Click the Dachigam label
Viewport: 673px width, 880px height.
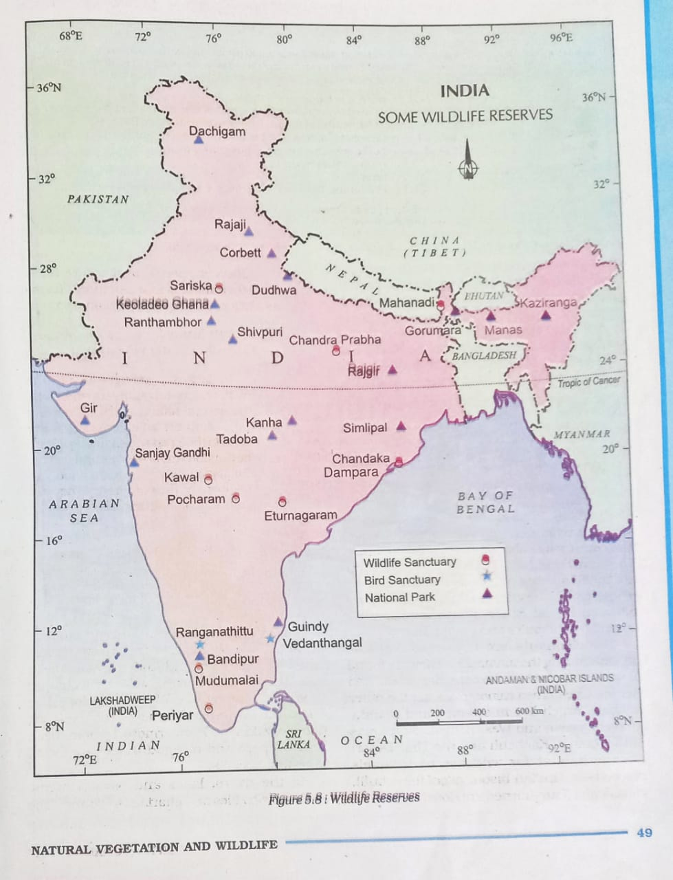[217, 131]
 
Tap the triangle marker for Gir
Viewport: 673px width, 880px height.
[85, 419]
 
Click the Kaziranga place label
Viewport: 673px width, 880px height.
[549, 302]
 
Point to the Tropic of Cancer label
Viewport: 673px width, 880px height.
[588, 382]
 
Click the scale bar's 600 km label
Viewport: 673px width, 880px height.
[529, 711]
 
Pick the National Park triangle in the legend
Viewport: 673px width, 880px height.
[487, 593]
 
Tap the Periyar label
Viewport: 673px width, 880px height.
[173, 715]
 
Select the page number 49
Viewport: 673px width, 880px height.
[644, 833]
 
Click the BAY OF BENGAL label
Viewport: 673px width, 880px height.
[485, 502]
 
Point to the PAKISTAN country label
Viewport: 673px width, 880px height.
[98, 199]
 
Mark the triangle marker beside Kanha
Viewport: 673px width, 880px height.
[292, 419]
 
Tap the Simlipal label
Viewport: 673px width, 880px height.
[365, 428]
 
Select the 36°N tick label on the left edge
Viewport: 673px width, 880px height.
[48, 88]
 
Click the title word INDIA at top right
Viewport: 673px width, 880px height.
[465, 91]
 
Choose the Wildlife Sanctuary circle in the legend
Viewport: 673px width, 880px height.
[485, 560]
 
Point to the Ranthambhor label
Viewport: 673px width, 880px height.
[163, 322]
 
